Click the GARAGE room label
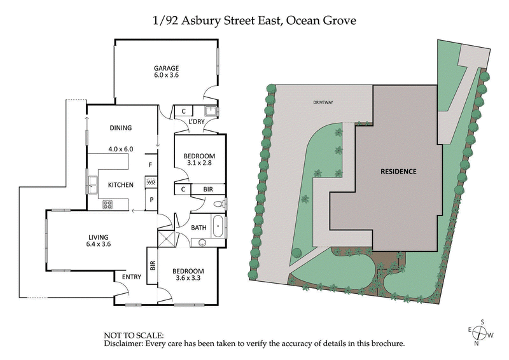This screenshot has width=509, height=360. coord(166,69)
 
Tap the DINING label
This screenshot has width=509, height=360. coord(120,128)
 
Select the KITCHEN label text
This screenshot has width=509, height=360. coord(120,185)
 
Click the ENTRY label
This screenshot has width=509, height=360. coord(132,277)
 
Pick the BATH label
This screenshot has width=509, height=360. coord(198,226)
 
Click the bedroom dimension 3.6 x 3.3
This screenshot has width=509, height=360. coord(188,279)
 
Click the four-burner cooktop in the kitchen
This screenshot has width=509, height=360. coord(108,204)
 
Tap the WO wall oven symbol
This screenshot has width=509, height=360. coord(151,183)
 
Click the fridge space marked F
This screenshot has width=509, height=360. coord(151,165)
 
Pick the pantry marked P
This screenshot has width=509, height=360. coord(151,199)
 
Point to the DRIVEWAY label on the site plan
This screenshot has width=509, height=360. coord(323,102)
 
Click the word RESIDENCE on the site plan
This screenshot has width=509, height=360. coord(398,171)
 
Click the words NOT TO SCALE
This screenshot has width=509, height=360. coord(133,335)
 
